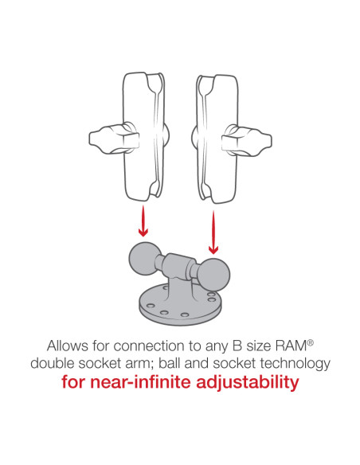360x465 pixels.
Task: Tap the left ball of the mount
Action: coord(143,260)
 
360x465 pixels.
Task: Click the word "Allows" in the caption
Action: coord(68,346)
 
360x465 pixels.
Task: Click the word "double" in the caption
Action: coord(55,363)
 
